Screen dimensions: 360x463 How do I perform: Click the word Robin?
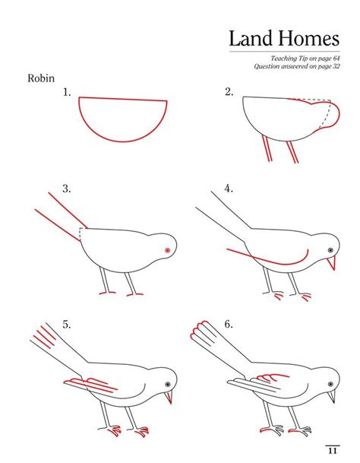pyautogui.click(x=41, y=78)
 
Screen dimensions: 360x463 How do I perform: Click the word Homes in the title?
pyautogui.click(x=309, y=39)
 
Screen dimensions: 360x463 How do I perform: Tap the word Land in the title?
pyautogui.click(x=251, y=39)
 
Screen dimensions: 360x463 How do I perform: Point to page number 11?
pyautogui.click(x=333, y=451)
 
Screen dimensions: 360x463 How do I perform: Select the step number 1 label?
pyautogui.click(x=67, y=93)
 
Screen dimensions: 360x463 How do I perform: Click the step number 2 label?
pyautogui.click(x=229, y=92)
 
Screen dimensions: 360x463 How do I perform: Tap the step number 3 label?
pyautogui.click(x=67, y=189)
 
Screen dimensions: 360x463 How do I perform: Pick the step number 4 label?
pyautogui.click(x=229, y=189)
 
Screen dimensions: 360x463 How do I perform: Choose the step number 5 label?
pyautogui.click(x=67, y=325)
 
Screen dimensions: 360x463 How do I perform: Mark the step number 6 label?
pyautogui.click(x=229, y=325)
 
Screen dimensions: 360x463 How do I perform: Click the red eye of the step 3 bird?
pyautogui.click(x=168, y=250)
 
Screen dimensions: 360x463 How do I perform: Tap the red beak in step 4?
pyautogui.click(x=332, y=263)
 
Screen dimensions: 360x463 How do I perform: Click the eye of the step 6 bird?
pyautogui.click(x=330, y=384)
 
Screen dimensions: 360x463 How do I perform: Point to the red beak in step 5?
pyautogui.click(x=169, y=397)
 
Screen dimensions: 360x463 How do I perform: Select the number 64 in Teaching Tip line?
pyautogui.click(x=336, y=59)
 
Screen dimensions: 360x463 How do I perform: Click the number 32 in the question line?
pyautogui.click(x=336, y=66)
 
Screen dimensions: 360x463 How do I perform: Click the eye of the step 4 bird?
pyautogui.click(x=330, y=250)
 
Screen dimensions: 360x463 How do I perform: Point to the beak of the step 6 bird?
pyautogui.click(x=332, y=397)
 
